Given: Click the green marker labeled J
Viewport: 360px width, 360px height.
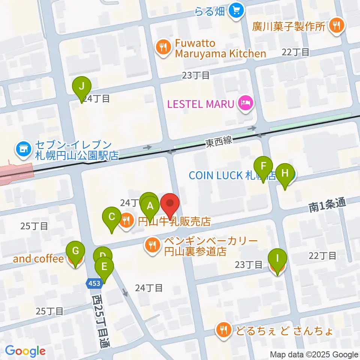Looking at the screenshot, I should point(82,89).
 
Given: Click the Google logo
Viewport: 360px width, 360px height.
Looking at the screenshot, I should point(25,351).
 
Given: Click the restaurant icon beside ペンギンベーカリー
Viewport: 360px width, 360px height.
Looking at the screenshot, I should point(152,246).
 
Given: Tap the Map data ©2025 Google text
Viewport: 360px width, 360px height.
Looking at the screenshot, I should point(314,354).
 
